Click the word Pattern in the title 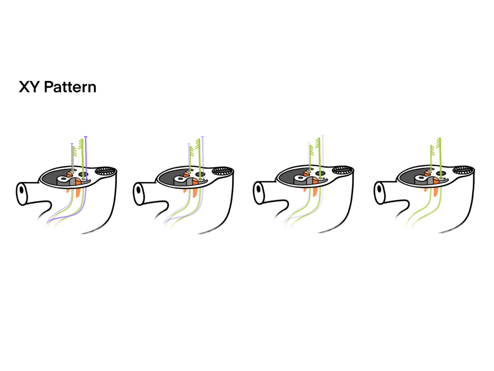click(70, 87)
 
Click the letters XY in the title click(29, 87)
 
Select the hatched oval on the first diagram click(106, 171)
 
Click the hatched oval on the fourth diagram click(463, 170)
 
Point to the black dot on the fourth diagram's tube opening click(379, 190)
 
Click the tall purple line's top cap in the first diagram click(86, 137)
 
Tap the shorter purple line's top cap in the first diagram click(72, 144)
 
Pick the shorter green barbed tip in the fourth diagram click(432, 151)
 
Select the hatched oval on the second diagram click(222, 171)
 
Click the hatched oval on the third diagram click(343, 170)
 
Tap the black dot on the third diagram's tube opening click(259, 189)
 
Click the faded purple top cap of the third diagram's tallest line click(323, 136)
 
